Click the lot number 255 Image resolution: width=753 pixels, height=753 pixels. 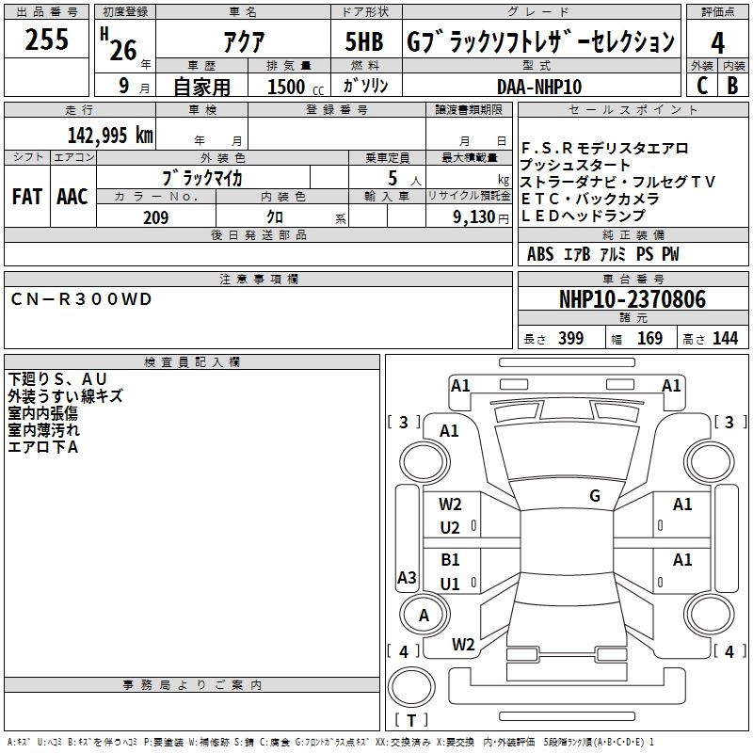(x=46, y=40)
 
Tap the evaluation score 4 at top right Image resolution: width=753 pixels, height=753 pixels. (x=717, y=43)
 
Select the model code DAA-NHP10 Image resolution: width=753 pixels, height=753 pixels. (x=539, y=87)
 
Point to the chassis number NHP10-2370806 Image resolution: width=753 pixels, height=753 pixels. (x=632, y=299)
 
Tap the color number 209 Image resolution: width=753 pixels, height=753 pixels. (x=155, y=217)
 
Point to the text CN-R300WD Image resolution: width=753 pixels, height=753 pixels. (x=81, y=299)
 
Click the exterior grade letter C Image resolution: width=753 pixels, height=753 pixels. (x=701, y=86)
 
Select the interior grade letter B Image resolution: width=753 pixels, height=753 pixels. (x=732, y=86)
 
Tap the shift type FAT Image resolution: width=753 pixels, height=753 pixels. (x=26, y=197)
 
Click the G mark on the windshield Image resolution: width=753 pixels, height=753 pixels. (x=595, y=495)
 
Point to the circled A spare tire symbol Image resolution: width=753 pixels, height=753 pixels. (x=424, y=616)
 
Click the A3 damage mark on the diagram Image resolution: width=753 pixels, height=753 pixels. (x=407, y=578)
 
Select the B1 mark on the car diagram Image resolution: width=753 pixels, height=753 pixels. (x=451, y=560)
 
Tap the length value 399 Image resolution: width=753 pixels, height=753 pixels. (x=570, y=339)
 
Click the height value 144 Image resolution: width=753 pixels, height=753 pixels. (x=725, y=339)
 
